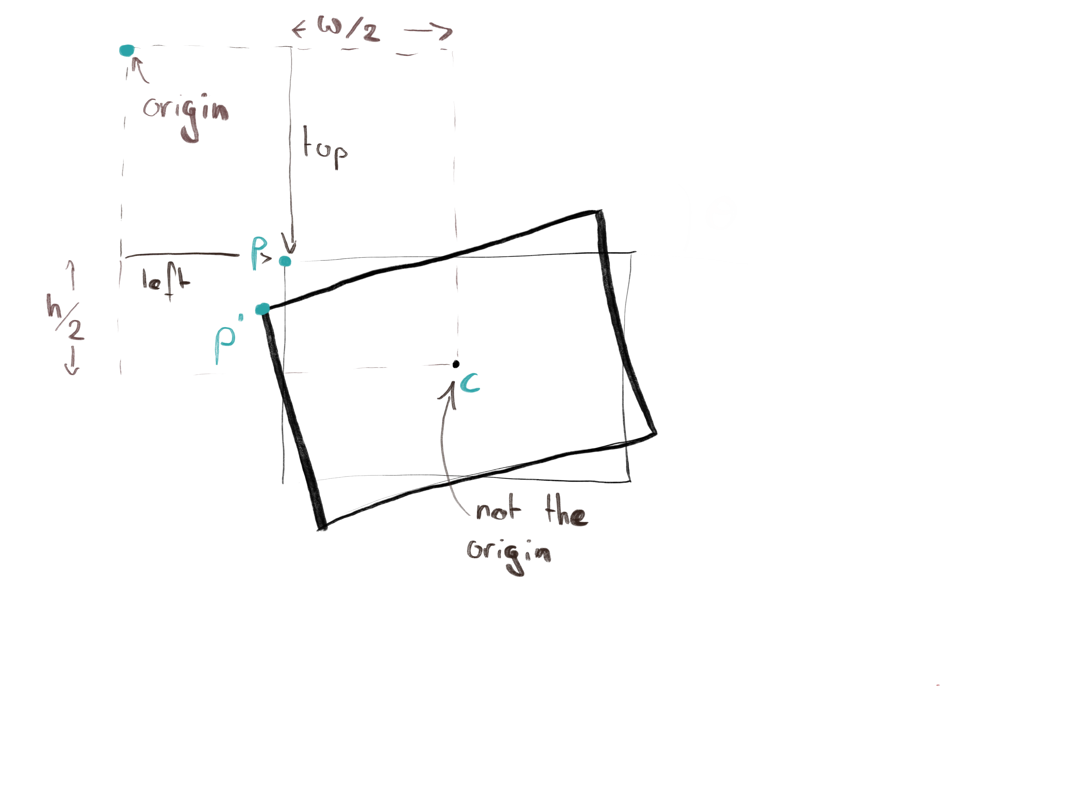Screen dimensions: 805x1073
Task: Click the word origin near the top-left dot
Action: pyautogui.click(x=185, y=111)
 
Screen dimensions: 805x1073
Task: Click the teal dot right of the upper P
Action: pyautogui.click(x=285, y=262)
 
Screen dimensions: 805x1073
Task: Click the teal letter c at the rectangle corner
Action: pyautogui.click(x=470, y=383)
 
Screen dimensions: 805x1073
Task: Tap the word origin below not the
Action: pyautogui.click(x=508, y=553)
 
